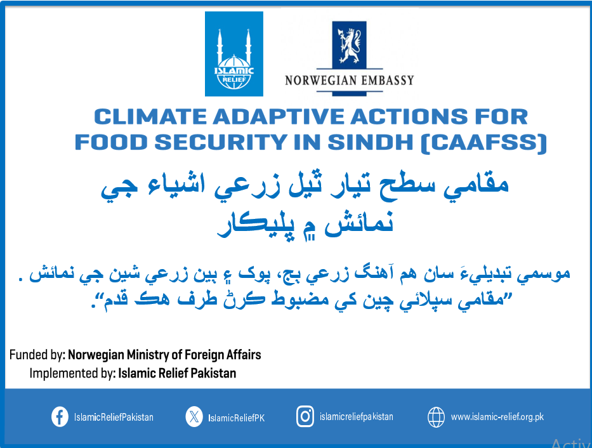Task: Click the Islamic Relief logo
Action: click(234, 54)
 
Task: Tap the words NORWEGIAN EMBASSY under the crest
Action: click(349, 81)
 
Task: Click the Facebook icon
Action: click(60, 417)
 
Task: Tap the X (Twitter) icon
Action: click(194, 417)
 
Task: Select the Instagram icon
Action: click(305, 416)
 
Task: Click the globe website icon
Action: click(436, 417)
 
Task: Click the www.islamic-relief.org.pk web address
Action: click(497, 417)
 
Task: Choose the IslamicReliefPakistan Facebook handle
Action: click(114, 418)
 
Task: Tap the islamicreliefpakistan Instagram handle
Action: click(357, 417)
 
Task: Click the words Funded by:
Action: click(37, 355)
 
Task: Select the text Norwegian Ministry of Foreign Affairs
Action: click(164, 355)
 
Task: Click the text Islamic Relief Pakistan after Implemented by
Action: click(177, 373)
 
